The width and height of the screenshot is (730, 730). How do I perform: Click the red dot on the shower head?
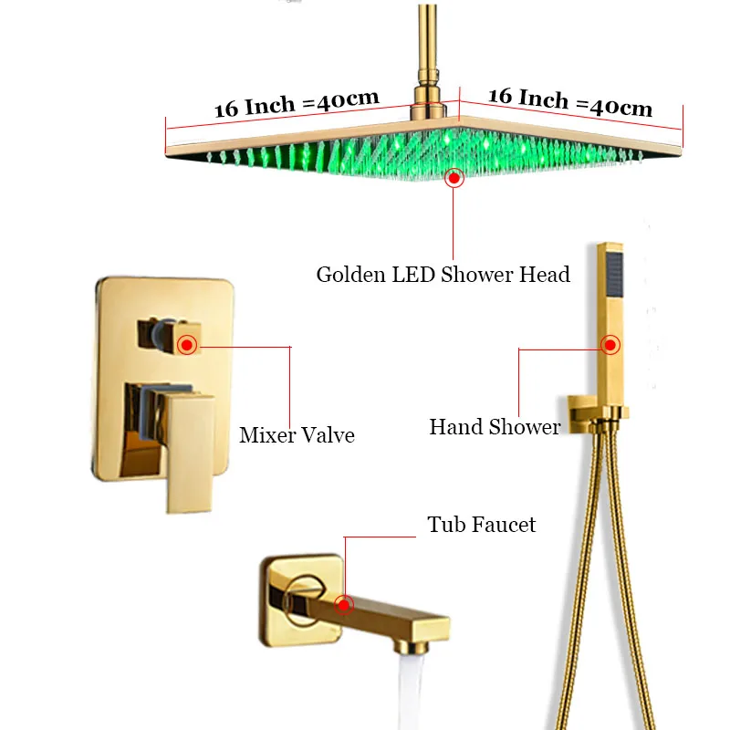(454, 179)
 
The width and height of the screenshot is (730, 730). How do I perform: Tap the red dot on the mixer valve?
(188, 345)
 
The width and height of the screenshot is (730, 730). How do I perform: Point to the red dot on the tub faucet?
(344, 604)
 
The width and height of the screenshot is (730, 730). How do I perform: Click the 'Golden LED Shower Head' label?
(443, 274)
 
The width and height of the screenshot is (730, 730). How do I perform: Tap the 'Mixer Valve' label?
(297, 435)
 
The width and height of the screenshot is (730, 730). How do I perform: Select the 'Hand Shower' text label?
(495, 427)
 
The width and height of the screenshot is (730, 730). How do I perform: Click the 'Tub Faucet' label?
(482, 525)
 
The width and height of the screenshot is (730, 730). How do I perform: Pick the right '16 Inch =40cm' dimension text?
(571, 102)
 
